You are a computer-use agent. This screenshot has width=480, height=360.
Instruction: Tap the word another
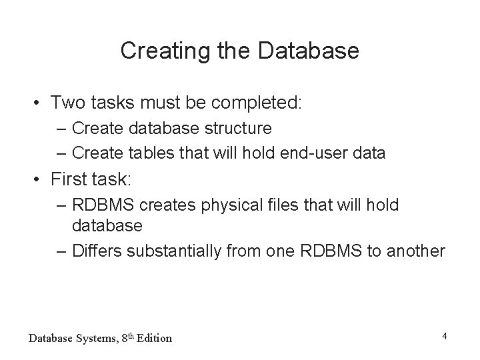[x=417, y=251]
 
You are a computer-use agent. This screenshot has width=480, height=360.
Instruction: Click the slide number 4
[x=444, y=335]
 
